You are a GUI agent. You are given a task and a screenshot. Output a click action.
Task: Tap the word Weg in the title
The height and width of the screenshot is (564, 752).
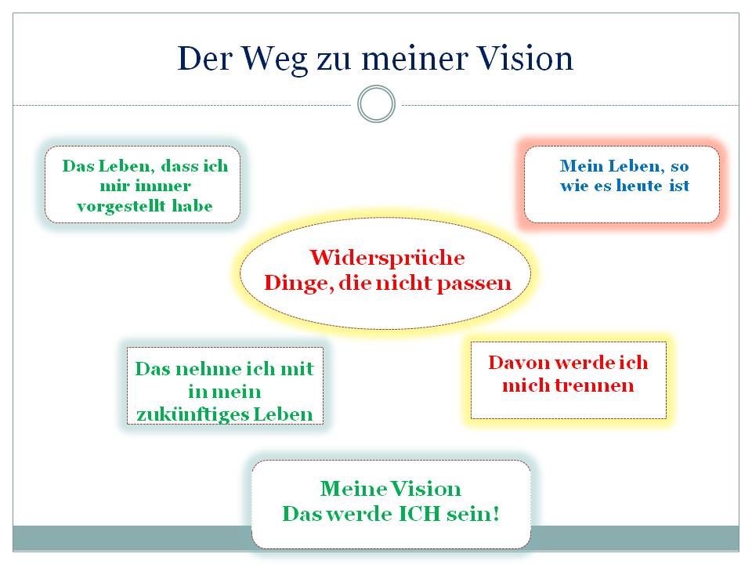click(x=274, y=60)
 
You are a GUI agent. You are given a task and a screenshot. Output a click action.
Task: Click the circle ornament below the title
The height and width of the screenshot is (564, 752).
click(x=377, y=104)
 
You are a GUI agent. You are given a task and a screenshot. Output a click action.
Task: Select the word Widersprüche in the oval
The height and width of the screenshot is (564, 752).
click(x=387, y=258)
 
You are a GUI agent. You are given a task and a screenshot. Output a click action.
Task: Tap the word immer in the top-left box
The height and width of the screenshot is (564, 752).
click(x=163, y=186)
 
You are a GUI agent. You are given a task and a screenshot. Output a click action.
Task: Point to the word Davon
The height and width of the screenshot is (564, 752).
click(x=519, y=363)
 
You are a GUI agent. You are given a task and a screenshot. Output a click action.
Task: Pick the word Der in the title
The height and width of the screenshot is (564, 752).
click(x=204, y=59)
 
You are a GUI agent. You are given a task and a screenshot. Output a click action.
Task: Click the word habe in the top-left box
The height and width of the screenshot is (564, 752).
click(x=193, y=206)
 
